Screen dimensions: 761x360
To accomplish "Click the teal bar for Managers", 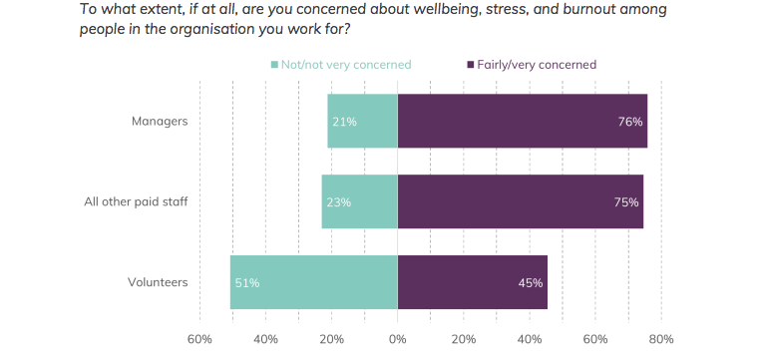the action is coord(362,121).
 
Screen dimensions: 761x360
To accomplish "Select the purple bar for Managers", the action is coord(523,121).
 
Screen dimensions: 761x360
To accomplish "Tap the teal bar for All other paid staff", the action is coord(360,201).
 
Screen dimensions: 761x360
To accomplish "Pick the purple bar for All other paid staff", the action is coord(521,201).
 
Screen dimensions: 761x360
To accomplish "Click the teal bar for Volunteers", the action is coord(314,282).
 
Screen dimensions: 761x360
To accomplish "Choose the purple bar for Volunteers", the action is coord(472,282).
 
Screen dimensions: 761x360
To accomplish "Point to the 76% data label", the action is coord(630,122).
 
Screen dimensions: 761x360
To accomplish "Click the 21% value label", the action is coord(344,122).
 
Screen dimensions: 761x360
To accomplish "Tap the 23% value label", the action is coord(338,202).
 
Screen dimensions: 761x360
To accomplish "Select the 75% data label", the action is coord(626,202).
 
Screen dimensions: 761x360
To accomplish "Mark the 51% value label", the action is coord(247,283).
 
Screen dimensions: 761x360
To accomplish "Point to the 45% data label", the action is coord(530,283).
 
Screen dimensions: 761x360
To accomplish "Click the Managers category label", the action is coord(160,122).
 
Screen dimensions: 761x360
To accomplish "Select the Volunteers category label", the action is coord(158,282).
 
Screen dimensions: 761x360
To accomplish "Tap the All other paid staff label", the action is coord(136,201).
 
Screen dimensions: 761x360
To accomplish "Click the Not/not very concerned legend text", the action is coord(346,65).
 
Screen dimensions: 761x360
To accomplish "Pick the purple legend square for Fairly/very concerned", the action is coord(470,65).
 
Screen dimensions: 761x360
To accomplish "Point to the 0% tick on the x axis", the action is coord(398,339).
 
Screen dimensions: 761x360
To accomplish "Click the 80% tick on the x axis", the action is coord(661,339).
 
